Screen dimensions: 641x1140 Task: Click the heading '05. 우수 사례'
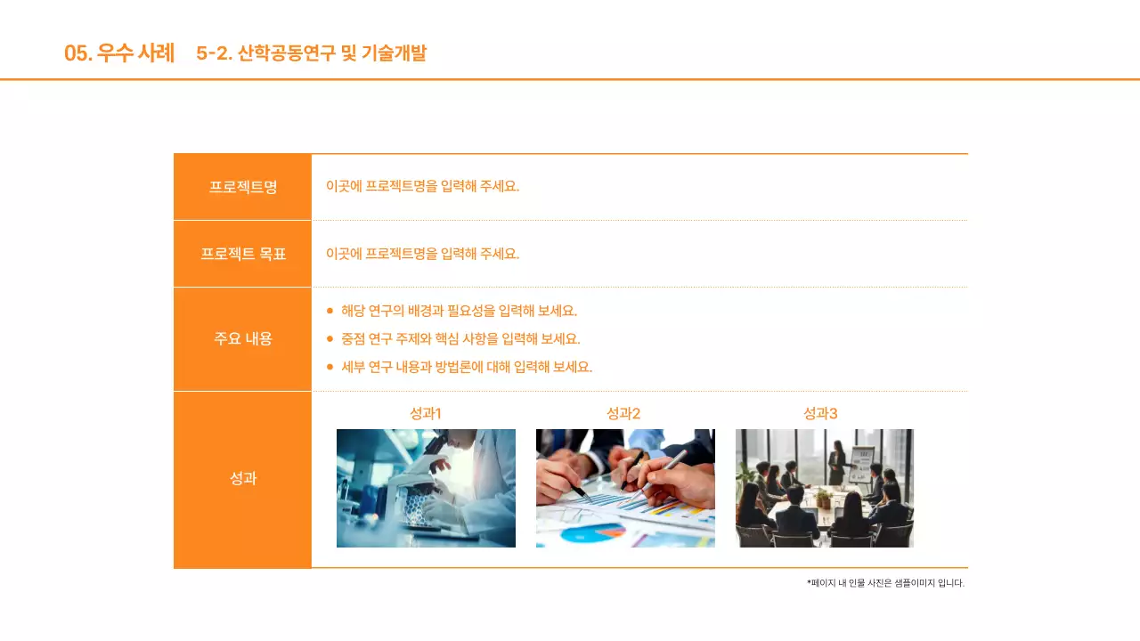(119, 53)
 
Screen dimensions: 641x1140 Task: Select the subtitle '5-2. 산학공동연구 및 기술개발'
(311, 53)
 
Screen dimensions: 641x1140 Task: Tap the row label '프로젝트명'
(243, 187)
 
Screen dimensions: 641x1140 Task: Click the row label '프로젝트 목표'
(243, 254)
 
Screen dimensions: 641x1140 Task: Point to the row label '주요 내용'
(243, 338)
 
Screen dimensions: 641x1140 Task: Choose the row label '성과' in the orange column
(243, 478)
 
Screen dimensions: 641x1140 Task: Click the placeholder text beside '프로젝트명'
(422, 186)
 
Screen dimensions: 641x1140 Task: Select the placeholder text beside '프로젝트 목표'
(422, 254)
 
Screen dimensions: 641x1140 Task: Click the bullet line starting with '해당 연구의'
(459, 311)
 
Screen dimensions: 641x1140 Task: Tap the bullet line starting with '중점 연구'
(460, 338)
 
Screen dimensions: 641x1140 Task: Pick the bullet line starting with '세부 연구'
(467, 367)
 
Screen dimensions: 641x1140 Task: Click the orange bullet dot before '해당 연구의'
(330, 311)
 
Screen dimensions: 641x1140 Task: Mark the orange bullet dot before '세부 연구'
(330, 367)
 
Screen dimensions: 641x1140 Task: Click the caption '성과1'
(426, 413)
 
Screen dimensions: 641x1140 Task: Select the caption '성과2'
(623, 413)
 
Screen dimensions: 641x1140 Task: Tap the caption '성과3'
(820, 413)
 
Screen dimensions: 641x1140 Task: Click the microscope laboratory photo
(426, 488)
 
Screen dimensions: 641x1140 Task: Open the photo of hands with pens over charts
(625, 488)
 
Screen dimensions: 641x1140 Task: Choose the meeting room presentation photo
(825, 488)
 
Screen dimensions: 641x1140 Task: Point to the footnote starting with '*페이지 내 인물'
(885, 583)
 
